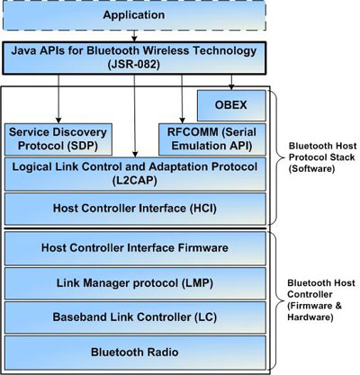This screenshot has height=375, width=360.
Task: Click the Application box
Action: point(134,15)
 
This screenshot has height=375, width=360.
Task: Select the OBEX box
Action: point(231,105)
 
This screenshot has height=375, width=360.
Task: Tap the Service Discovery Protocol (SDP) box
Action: point(58,139)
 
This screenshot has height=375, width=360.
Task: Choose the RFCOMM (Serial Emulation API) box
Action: point(212,139)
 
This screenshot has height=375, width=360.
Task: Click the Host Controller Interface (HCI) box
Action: point(135,209)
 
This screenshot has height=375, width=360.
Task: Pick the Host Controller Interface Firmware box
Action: point(135,248)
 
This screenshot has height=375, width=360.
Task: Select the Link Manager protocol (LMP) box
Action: point(135,283)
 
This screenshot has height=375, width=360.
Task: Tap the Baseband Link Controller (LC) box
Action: point(135,317)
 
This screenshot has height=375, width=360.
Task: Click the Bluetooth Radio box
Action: point(135,353)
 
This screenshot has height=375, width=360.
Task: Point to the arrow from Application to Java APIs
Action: point(134,36)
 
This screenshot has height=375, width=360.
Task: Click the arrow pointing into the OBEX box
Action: point(231,83)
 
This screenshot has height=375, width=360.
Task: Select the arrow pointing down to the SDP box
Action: point(58,99)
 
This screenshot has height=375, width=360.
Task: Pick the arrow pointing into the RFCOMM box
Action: point(182,99)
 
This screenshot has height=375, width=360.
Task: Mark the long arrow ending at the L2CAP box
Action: point(135,116)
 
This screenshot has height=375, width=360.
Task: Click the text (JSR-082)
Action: point(134,65)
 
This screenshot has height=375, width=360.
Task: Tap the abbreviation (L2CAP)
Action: point(135,181)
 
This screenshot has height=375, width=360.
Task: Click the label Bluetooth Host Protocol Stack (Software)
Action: point(322,157)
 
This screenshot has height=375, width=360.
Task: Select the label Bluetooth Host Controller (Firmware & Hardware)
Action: point(321,300)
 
